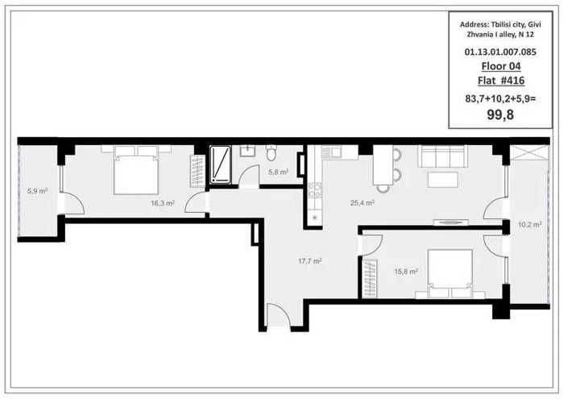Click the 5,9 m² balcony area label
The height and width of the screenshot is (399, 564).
[37, 191]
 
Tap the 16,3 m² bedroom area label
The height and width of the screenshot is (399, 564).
[163, 203]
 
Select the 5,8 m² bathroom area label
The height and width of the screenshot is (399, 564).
[278, 172]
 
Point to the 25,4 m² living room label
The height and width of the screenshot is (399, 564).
[363, 203]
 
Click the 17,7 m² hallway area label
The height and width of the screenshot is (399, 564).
[309, 261]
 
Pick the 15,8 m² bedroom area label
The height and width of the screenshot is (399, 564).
[406, 272]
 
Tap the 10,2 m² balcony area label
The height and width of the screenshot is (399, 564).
[529, 225]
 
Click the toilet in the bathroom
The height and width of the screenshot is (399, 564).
[272, 153]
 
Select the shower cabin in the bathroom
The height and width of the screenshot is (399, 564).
[220, 164]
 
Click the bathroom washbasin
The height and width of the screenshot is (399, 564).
[247, 151]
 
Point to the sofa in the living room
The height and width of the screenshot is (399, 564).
[442, 156]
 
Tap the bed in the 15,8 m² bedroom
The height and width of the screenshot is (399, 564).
[450, 273]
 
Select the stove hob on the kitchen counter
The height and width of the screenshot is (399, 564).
[315, 190]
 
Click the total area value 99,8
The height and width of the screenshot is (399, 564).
[500, 114]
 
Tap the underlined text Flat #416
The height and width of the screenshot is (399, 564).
[501, 81]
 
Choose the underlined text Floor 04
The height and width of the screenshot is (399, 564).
[501, 66]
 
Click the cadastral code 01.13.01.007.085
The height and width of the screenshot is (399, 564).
[500, 52]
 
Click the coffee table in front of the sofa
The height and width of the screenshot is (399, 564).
[443, 180]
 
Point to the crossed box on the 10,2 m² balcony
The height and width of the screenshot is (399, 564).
[528, 152]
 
